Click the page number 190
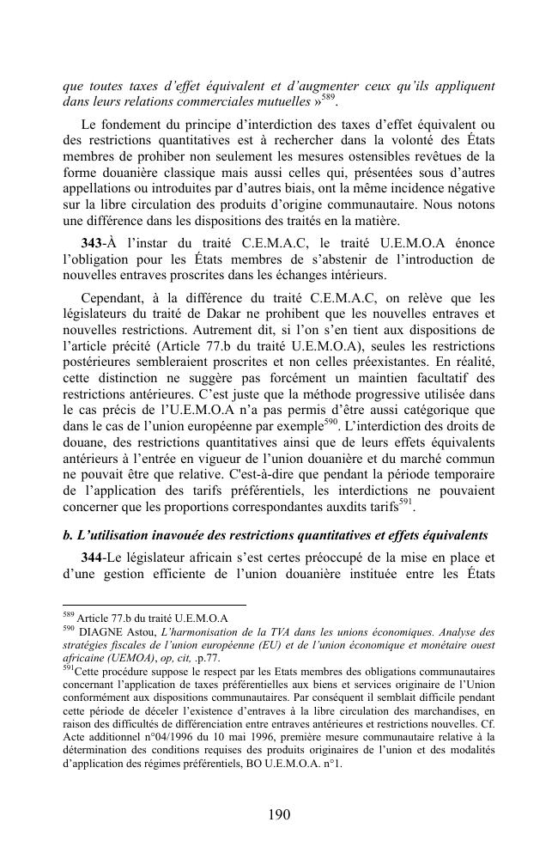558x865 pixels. point(279,814)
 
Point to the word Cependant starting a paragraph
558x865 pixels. point(112,298)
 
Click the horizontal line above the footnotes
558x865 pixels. point(155,605)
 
